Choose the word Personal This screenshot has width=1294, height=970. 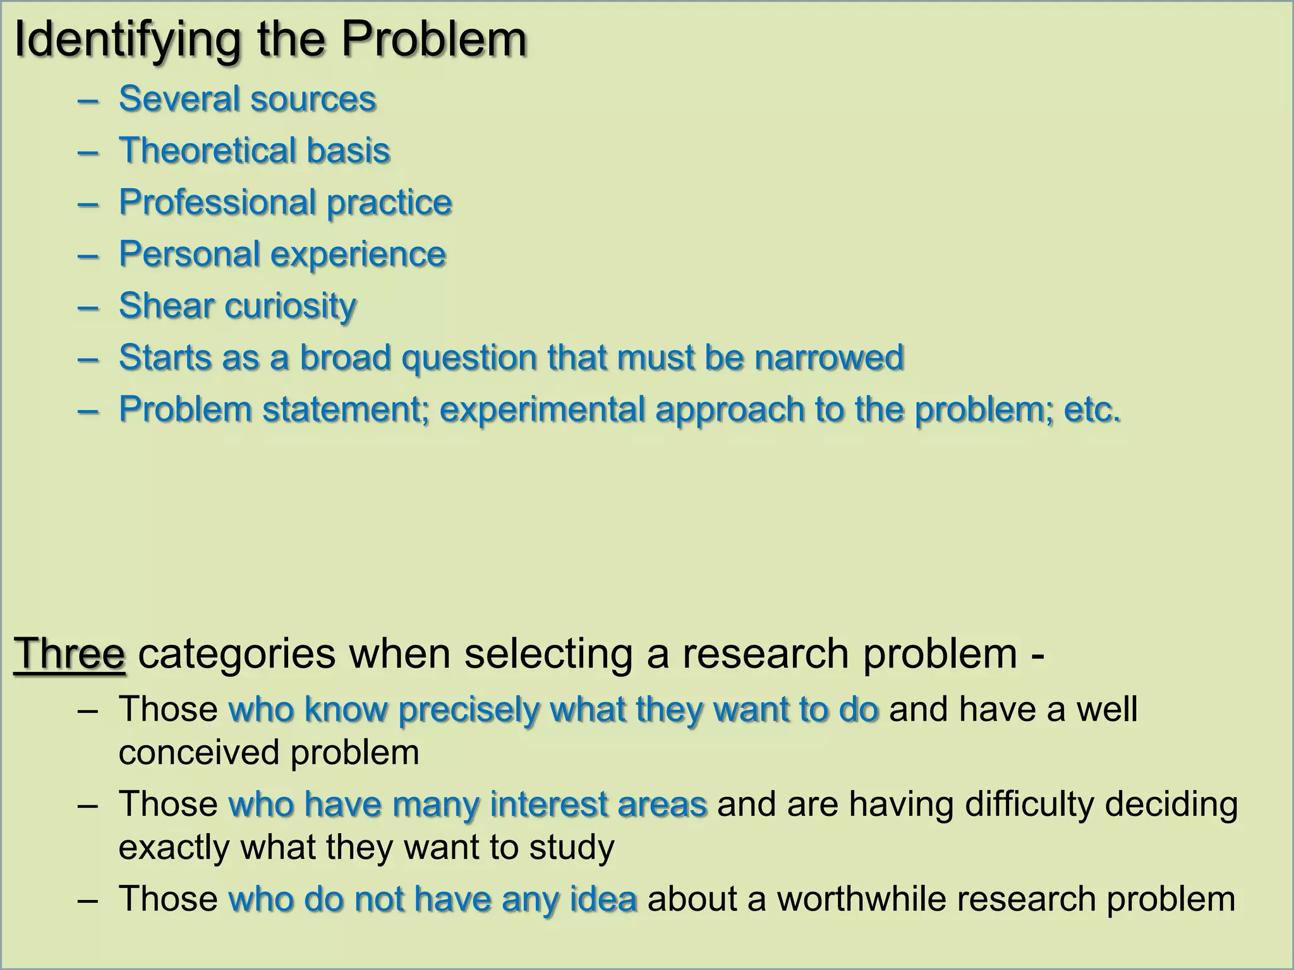click(189, 254)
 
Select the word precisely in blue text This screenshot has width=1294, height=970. click(468, 710)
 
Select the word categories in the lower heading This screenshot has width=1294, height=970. click(236, 654)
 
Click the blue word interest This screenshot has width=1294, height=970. click(548, 805)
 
